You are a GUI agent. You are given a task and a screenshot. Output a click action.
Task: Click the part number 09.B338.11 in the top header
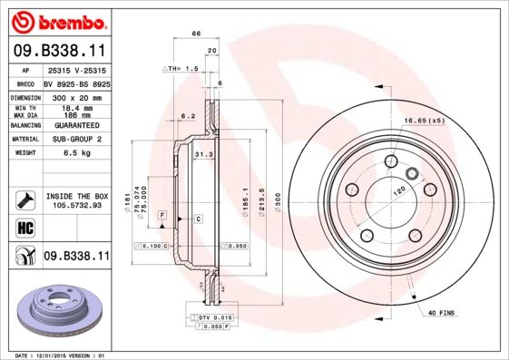pos(59,51)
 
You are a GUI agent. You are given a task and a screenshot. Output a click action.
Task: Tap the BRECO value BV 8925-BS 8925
pos(76,83)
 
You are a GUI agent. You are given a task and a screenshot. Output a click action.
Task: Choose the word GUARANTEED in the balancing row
pos(76,126)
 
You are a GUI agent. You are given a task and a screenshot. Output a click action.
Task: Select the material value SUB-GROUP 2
pos(76,140)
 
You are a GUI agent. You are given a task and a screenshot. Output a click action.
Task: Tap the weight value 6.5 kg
pos(76,153)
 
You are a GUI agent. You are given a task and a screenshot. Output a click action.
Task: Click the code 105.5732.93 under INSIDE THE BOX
pos(76,205)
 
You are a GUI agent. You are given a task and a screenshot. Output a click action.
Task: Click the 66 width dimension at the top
pos(195,34)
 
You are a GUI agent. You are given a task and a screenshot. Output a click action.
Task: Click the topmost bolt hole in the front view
pos(389,161)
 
